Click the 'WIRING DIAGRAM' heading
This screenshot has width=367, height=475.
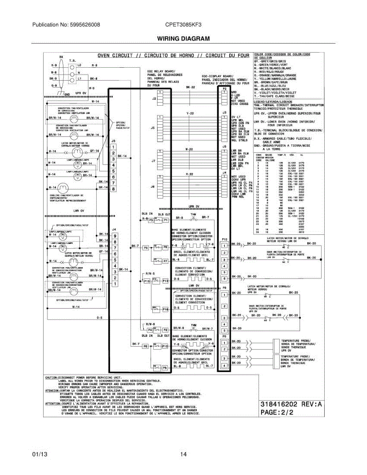point(183,38)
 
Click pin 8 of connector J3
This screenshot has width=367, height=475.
point(114,189)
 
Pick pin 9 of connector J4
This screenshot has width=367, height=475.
point(115,236)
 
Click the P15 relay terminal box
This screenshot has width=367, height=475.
point(147,281)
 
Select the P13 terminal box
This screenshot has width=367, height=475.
point(165,281)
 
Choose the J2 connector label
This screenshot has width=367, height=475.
point(154,99)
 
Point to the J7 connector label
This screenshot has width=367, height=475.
point(153,161)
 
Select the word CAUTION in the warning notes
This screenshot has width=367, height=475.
point(51,378)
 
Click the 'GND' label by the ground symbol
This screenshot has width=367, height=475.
point(67,94)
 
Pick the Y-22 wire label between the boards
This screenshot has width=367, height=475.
point(190,113)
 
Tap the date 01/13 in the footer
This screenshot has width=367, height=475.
point(40,454)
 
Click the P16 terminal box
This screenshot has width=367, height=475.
point(165,309)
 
